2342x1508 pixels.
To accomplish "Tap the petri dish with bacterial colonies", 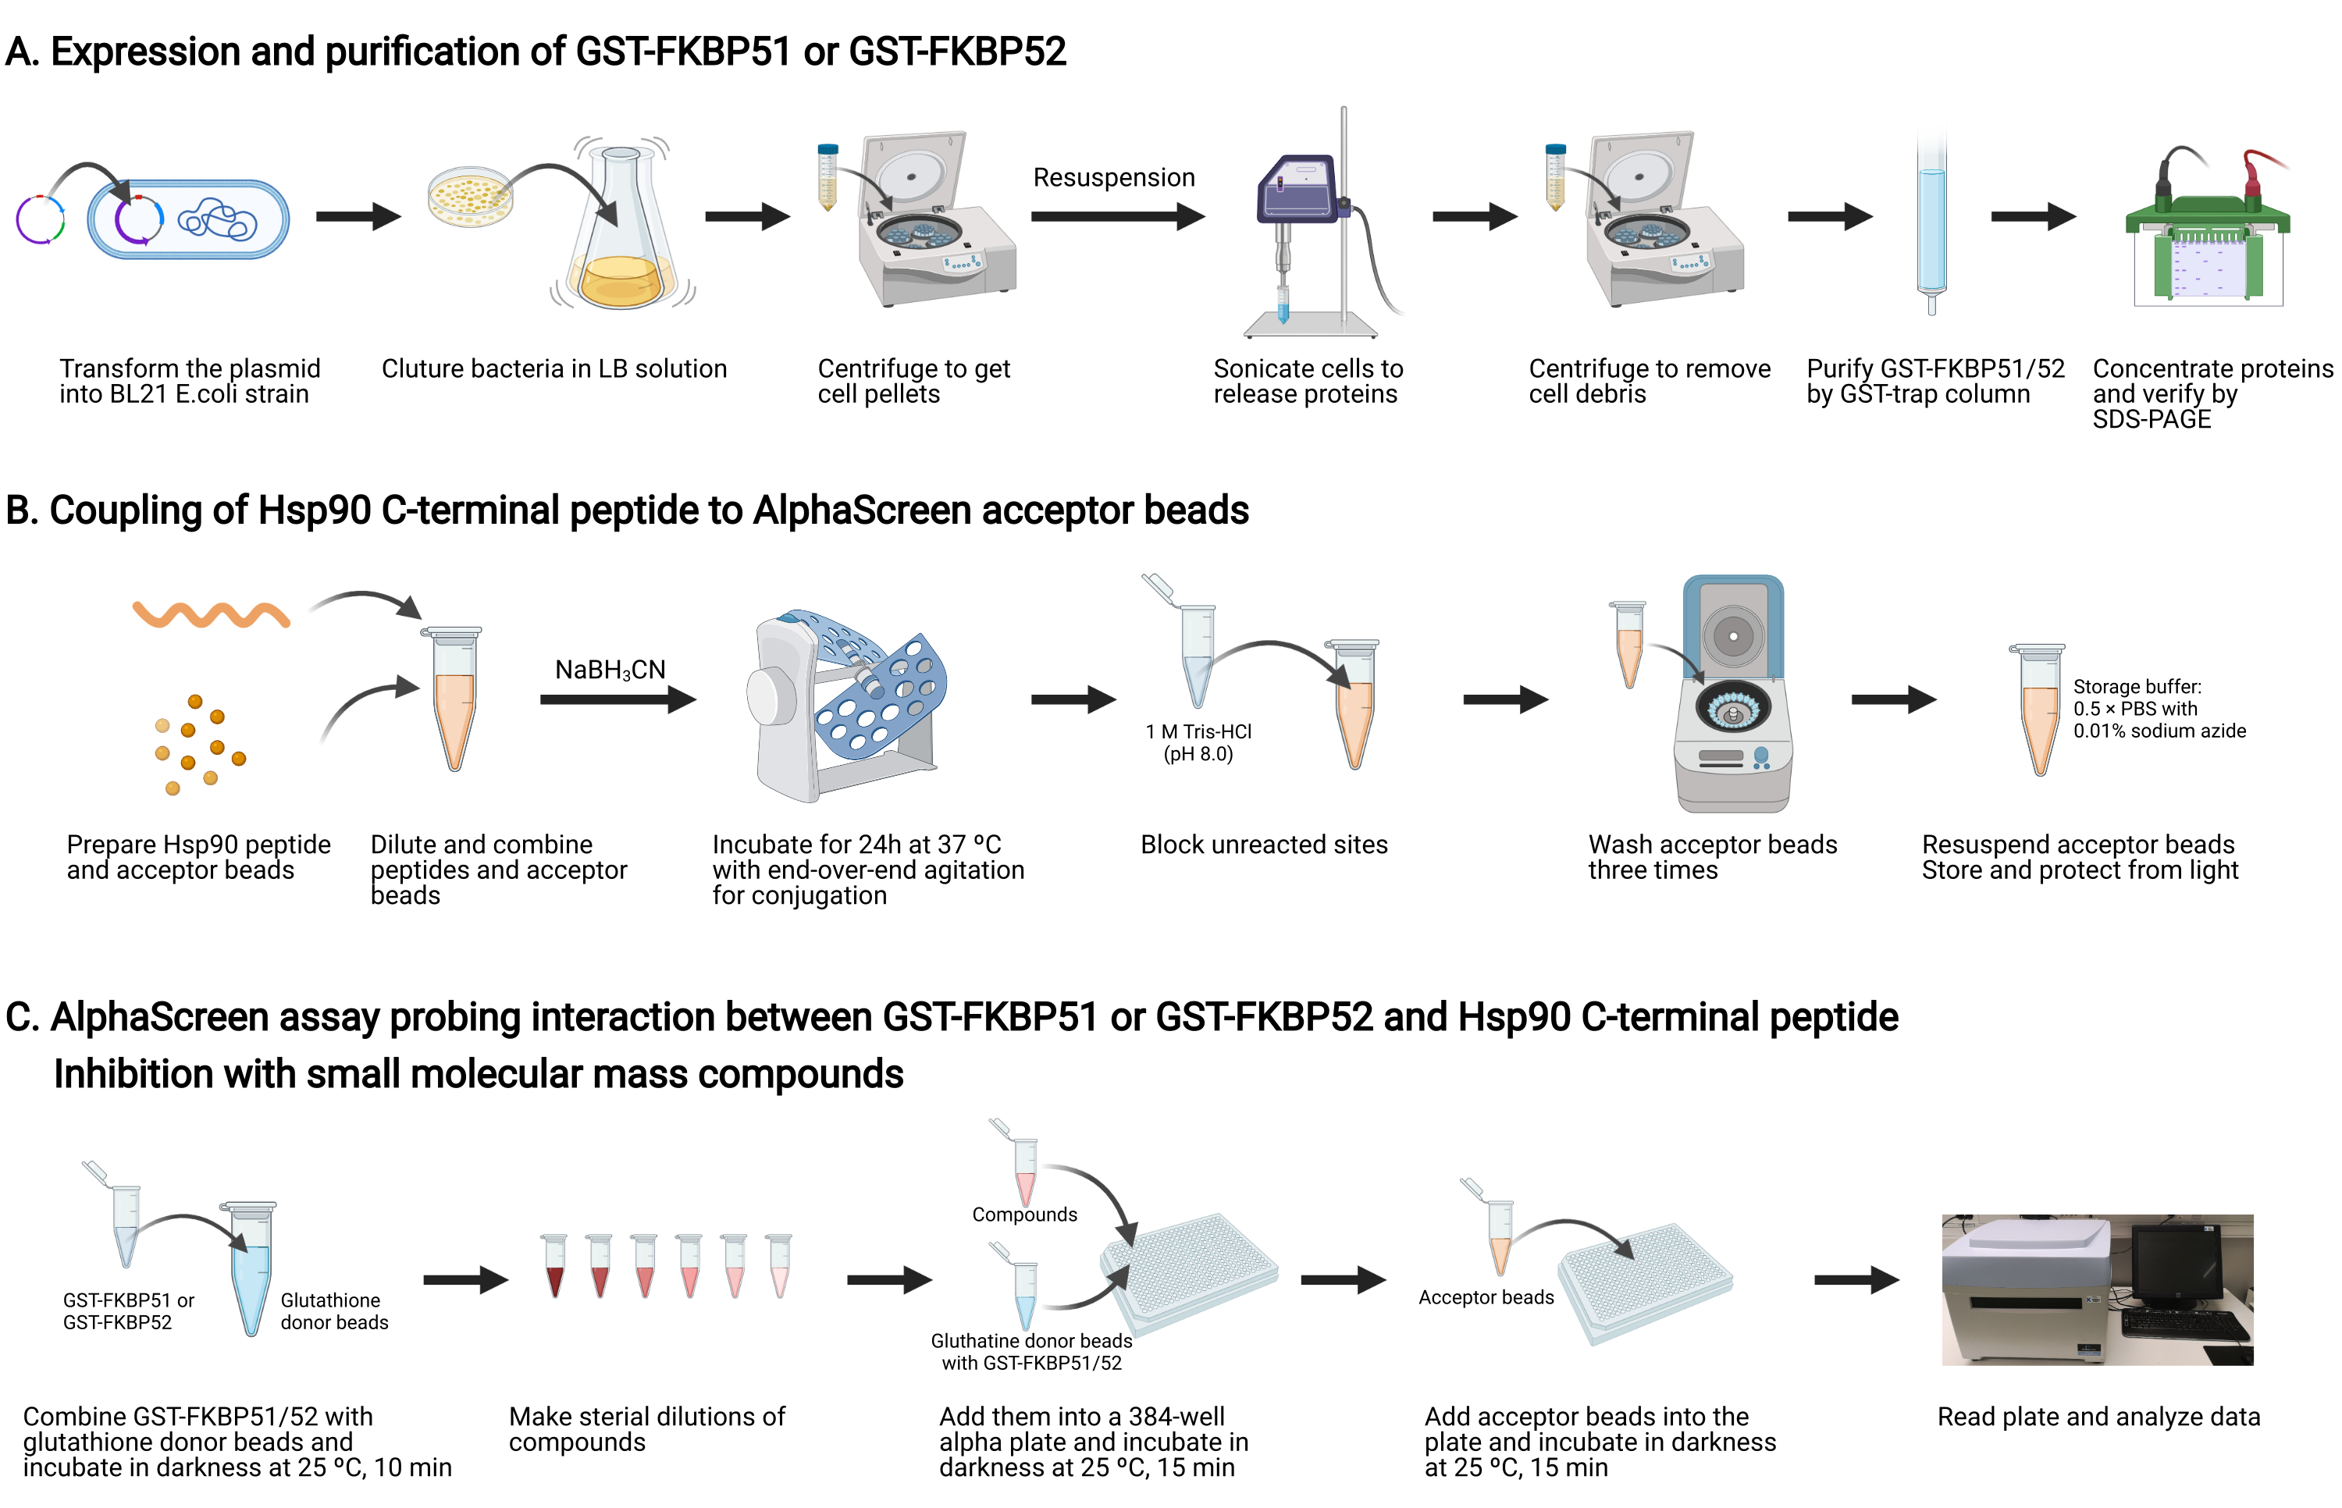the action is (x=471, y=196).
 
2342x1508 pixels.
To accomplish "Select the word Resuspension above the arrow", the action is (x=1113, y=177).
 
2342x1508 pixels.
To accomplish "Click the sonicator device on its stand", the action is (x=1312, y=226).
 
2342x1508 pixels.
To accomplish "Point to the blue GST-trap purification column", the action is (x=1931, y=226).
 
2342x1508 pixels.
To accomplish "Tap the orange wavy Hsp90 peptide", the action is (x=212, y=614).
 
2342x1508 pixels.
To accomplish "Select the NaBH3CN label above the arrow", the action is (x=610, y=670).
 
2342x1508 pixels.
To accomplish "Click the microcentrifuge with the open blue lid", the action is (x=1732, y=693).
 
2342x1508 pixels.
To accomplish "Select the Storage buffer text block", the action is (x=2159, y=709).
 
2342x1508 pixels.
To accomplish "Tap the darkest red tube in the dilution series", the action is (x=555, y=1265).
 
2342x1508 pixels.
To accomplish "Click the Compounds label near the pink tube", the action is (x=1024, y=1215).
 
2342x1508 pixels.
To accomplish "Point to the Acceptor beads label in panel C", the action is (x=1486, y=1297).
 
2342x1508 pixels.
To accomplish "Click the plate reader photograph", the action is (x=2097, y=1289).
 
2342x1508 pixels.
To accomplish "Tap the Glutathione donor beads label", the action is (x=334, y=1311).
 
